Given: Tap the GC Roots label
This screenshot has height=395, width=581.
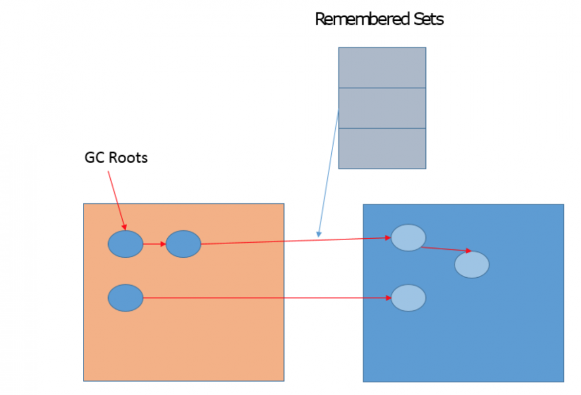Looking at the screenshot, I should [116, 157].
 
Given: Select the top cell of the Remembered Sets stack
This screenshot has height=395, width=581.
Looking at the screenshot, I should [382, 67].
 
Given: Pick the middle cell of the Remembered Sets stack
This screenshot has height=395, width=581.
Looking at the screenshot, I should [382, 108].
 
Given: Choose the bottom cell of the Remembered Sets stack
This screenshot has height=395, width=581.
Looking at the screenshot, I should [382, 148].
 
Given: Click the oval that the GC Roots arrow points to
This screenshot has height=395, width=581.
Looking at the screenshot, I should [125, 244].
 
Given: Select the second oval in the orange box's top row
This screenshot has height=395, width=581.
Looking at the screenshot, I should [184, 244].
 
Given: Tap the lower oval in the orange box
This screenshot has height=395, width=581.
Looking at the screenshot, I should [125, 298].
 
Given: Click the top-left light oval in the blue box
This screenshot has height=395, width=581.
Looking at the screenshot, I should [408, 238].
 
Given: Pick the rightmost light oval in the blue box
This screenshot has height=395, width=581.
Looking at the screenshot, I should [472, 265].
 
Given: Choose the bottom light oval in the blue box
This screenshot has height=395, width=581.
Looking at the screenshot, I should [408, 298].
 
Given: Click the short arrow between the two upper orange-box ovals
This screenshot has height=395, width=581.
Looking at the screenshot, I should [154, 244].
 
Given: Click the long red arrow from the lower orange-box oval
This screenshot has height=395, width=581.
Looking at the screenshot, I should [267, 298].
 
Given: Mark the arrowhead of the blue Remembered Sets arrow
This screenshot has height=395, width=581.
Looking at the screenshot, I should [318, 234].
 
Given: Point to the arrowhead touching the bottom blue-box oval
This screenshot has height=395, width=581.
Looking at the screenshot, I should [389, 298].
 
